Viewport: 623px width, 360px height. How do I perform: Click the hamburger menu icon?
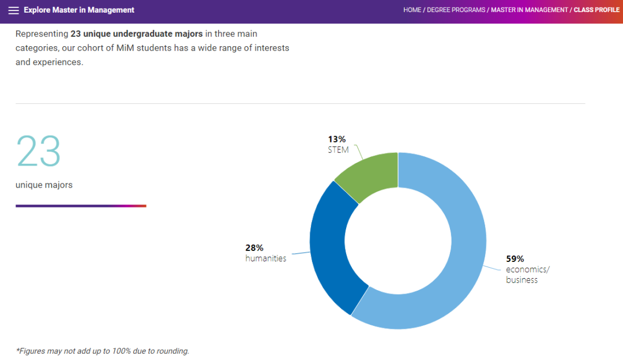coord(13,10)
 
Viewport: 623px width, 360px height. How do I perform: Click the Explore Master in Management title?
coord(79,10)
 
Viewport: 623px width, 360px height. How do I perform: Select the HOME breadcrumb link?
coord(412,10)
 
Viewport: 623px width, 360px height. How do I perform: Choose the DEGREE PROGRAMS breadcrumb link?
coord(456,10)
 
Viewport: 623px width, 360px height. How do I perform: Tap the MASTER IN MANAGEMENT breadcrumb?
coord(530,10)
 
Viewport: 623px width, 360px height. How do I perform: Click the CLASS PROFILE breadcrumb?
coord(596,10)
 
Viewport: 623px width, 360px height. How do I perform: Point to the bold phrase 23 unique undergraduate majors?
coord(137,34)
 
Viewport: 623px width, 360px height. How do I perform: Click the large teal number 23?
coord(38,151)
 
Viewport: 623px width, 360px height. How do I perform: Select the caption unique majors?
coord(44,185)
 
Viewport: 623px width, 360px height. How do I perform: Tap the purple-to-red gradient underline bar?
coord(81,205)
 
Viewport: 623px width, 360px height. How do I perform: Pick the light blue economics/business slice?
coord(456,260)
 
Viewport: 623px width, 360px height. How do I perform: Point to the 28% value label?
coord(254,248)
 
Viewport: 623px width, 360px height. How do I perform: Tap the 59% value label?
coord(515,259)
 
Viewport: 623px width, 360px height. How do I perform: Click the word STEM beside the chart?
coord(338,150)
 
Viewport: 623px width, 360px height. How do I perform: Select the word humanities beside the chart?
coord(265,258)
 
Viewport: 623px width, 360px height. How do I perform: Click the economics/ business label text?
coord(527,275)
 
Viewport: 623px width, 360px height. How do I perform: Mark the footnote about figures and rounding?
coord(102,351)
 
